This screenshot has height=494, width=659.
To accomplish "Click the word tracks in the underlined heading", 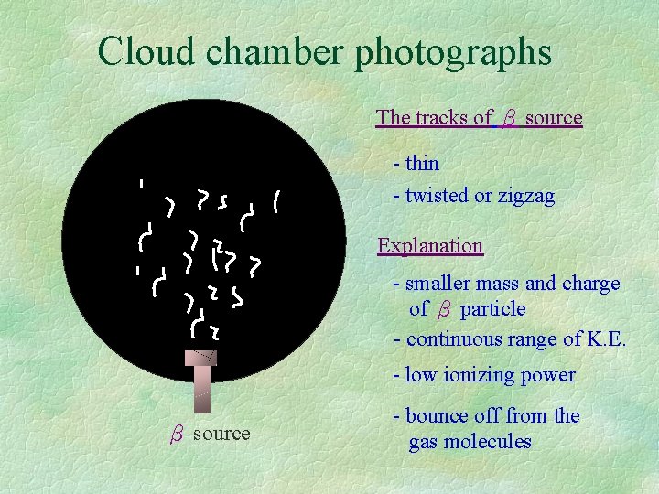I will click(442, 117).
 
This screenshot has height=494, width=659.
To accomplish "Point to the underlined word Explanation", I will click(430, 245).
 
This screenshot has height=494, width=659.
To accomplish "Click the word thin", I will click(423, 164).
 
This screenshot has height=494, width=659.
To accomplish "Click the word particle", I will click(493, 309).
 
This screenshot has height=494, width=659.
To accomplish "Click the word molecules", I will click(486, 441).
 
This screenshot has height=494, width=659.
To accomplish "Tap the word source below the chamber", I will click(221, 434).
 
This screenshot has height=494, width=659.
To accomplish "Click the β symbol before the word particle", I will click(445, 310).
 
